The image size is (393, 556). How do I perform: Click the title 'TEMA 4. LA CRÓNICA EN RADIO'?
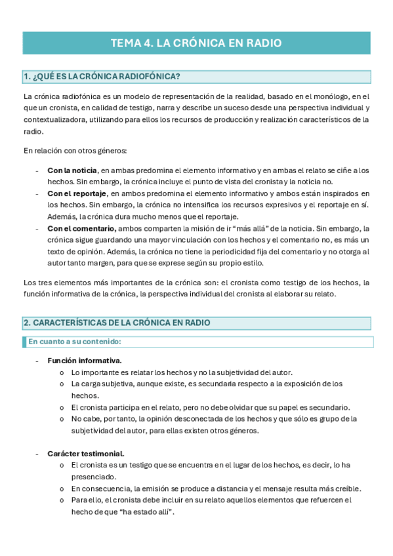tap(196, 43)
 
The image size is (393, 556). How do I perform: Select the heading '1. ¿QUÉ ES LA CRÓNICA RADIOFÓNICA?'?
tap(102, 77)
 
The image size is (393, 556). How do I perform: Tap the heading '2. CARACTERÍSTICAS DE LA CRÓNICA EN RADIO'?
tap(117, 323)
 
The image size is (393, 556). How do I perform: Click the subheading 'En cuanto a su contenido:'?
tap(74, 342)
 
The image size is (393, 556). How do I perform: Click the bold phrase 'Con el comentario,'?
tap(81, 228)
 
